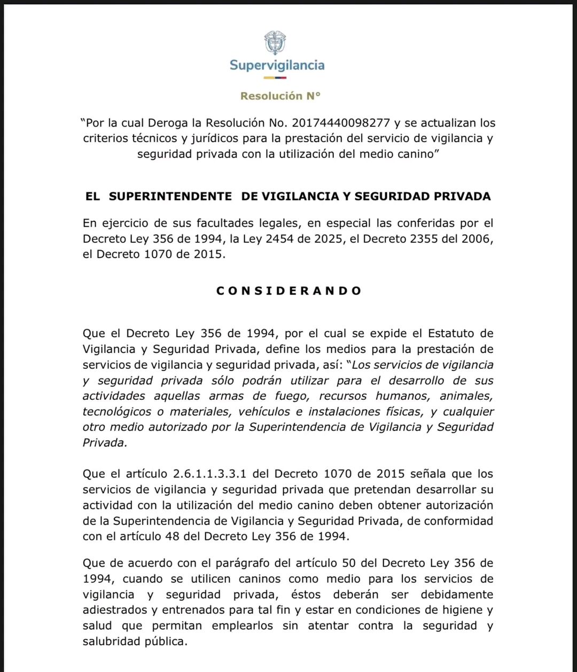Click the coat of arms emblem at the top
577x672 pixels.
(x=275, y=43)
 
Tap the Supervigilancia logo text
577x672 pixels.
(x=277, y=65)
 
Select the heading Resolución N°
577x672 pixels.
(x=280, y=96)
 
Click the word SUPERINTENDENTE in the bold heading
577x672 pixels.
(x=170, y=196)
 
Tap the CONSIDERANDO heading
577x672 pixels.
(x=289, y=291)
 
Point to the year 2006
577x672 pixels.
(x=475, y=239)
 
